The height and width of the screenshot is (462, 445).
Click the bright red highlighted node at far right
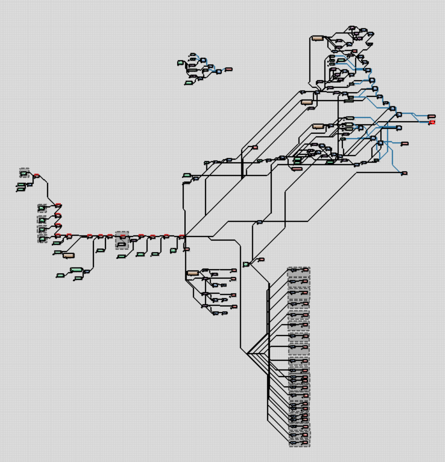tap(432, 122)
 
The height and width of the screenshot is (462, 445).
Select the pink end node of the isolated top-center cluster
tap(229, 69)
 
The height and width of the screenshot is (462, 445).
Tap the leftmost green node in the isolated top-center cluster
tap(181, 63)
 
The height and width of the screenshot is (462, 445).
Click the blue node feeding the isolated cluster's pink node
tap(219, 72)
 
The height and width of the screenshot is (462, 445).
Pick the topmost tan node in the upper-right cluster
tap(317, 38)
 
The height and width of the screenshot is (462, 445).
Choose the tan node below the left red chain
tap(69, 255)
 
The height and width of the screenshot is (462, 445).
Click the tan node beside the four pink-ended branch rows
tap(193, 273)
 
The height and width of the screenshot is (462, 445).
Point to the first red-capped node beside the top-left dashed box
tap(37, 176)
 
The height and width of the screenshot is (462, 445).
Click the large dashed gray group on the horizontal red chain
tap(122, 240)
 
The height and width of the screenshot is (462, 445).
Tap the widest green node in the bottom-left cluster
tap(76, 270)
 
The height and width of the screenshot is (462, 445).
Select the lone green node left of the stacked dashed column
tap(246, 264)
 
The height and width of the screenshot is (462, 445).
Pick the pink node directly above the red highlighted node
tap(431, 116)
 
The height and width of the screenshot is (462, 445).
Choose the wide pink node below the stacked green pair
tap(297, 169)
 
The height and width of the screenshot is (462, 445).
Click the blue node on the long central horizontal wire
tap(260, 222)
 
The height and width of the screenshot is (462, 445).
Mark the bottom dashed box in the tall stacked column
tap(299, 443)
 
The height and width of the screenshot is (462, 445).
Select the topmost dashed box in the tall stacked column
tap(299, 271)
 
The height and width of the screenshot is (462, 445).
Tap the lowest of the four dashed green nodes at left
tap(42, 239)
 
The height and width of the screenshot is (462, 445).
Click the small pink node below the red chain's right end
tap(187, 249)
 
